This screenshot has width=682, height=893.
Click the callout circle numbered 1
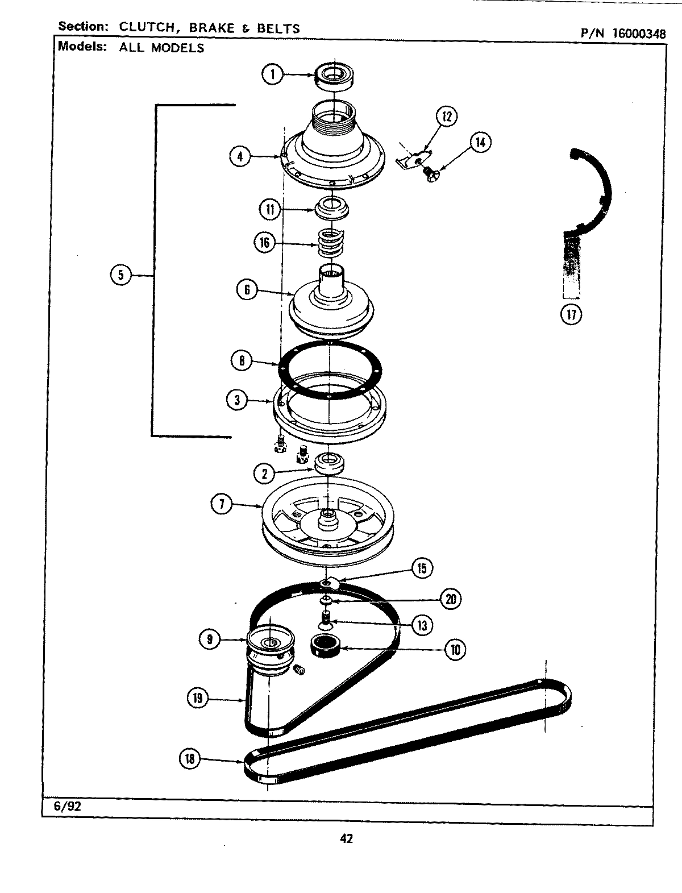273,74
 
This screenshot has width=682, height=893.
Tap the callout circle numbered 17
570,314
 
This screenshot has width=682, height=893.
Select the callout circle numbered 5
120,275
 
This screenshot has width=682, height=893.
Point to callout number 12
446,117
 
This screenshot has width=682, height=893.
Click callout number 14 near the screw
480,142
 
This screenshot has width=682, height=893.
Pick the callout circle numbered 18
190,758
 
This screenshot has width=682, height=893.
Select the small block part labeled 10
325,646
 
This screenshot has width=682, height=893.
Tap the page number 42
346,838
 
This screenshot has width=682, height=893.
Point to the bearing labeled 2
330,463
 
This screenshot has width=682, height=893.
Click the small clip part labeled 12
413,159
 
